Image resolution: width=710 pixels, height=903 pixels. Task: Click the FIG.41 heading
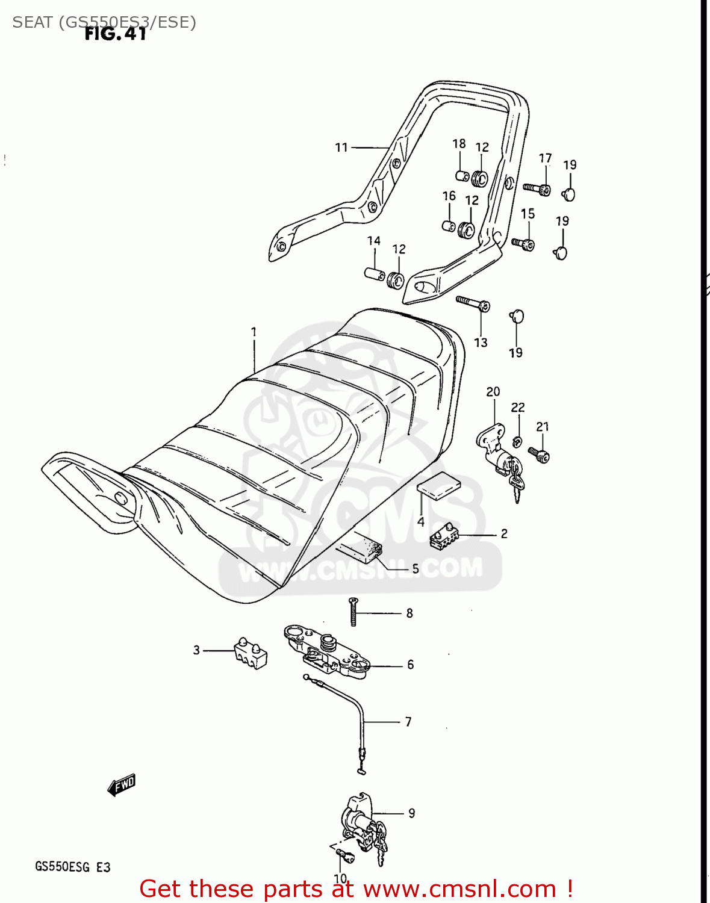click(115, 34)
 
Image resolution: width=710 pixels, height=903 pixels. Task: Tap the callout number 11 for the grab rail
click(341, 147)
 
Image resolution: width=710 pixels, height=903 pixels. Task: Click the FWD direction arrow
click(122, 784)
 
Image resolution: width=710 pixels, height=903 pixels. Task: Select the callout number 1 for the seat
click(254, 332)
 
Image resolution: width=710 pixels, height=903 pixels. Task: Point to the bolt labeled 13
click(473, 303)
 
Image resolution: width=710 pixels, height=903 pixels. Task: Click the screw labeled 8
click(353, 612)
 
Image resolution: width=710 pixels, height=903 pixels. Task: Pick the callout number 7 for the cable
click(408, 721)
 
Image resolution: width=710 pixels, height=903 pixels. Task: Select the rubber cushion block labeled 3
click(250, 654)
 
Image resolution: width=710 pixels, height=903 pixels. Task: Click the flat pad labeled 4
click(439, 486)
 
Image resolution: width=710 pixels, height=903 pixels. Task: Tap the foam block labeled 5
click(360, 548)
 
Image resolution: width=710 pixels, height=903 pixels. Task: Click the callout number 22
click(518, 408)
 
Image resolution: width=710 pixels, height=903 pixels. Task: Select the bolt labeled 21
click(539, 455)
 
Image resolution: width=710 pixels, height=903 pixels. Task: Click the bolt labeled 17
click(537, 189)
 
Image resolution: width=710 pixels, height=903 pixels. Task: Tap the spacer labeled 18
click(461, 176)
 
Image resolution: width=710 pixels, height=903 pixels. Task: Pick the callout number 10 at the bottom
click(340, 878)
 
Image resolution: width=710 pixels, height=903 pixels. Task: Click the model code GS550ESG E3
click(72, 867)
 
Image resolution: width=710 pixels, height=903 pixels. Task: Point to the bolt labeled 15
click(523, 244)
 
